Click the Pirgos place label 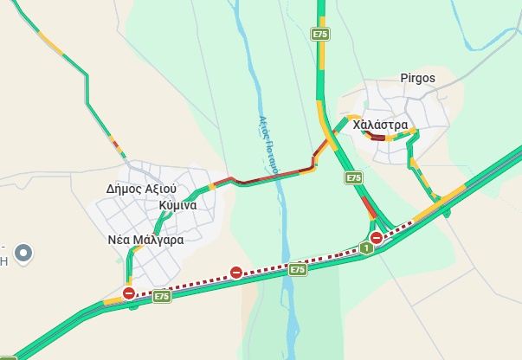(x=417, y=79)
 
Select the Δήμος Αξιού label (x=141, y=188)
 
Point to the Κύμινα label (x=177, y=205)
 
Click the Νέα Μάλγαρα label (x=145, y=240)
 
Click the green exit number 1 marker (x=367, y=248)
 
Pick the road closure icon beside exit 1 (x=377, y=237)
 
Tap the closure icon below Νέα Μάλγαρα (x=129, y=293)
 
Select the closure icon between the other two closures (x=235, y=273)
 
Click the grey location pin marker (x=24, y=254)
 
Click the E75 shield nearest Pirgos (x=320, y=34)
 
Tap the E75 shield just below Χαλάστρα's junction (x=353, y=177)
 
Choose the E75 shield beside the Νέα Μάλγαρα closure (x=161, y=297)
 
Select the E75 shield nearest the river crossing (x=298, y=270)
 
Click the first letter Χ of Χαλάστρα (x=370, y=125)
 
